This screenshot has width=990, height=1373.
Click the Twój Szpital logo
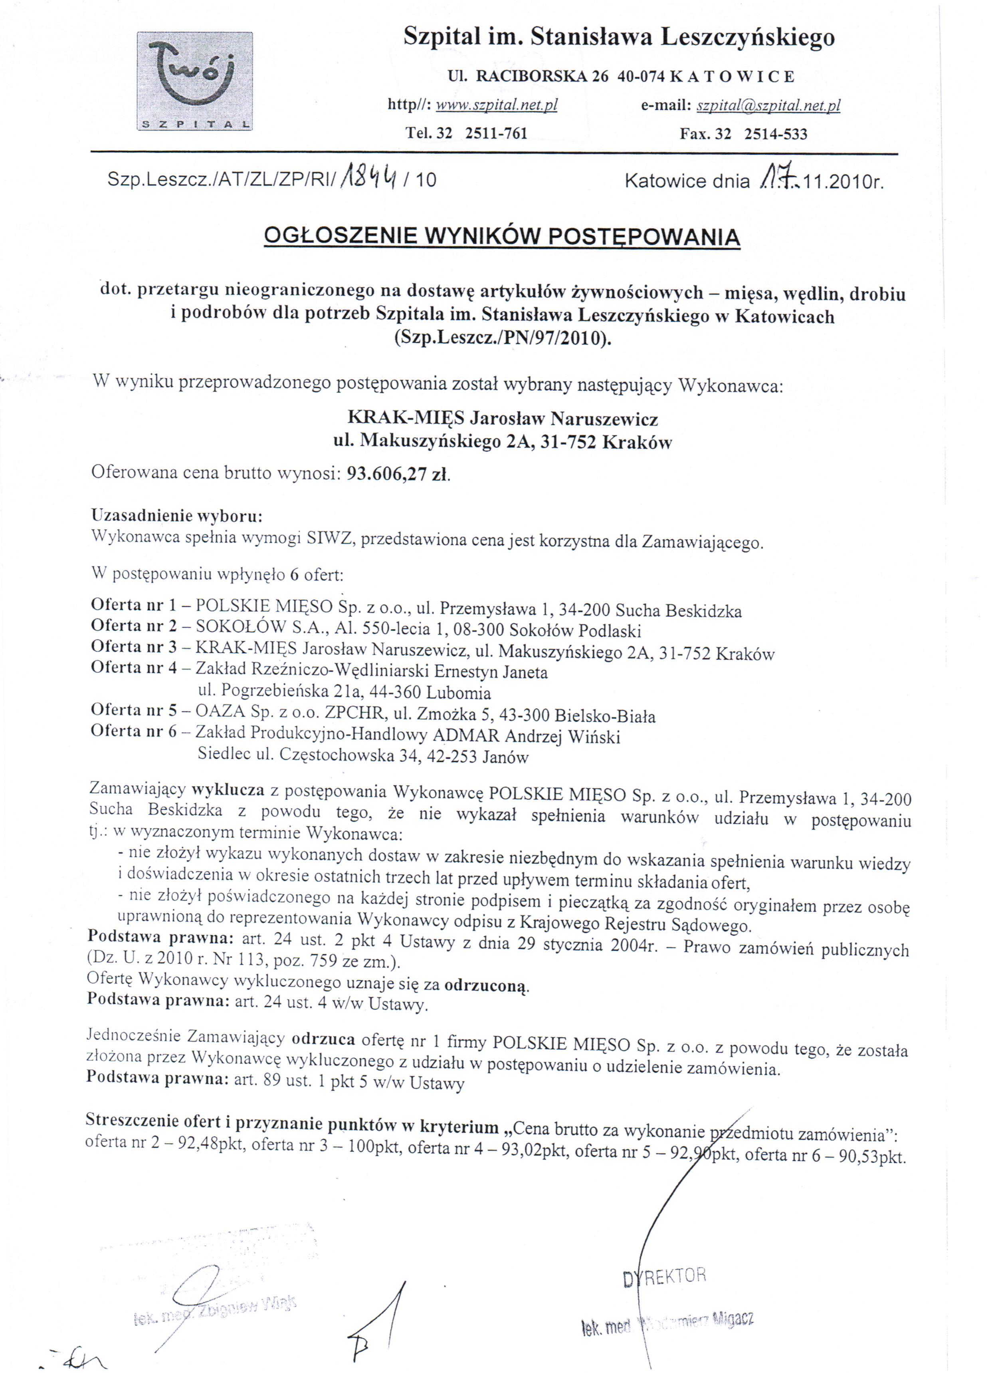[x=195, y=81]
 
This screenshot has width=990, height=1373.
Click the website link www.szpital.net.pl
[x=496, y=105]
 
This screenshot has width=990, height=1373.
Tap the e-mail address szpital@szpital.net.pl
[x=768, y=106]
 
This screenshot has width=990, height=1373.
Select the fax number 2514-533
[x=776, y=134]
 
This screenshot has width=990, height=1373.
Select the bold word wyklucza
[x=228, y=791]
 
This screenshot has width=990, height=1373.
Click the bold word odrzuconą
[x=487, y=986]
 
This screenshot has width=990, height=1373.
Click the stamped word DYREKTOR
[x=664, y=1276]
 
